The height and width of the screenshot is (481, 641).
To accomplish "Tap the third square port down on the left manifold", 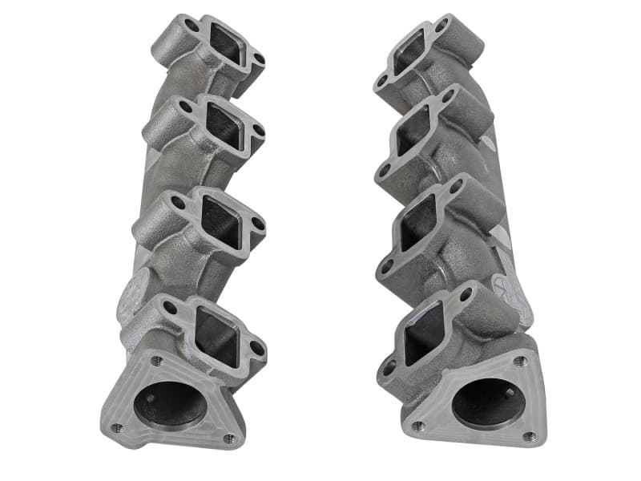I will click(220, 218).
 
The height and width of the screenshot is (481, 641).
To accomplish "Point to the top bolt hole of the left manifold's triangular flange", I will click(157, 362).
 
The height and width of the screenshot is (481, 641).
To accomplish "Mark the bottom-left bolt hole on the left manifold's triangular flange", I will click(116, 426).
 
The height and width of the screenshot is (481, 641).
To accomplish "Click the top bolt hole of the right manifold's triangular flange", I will click(520, 362).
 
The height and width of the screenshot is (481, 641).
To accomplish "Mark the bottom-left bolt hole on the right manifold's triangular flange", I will click(415, 425).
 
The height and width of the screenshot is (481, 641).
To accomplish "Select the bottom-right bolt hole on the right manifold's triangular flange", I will click(529, 437).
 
